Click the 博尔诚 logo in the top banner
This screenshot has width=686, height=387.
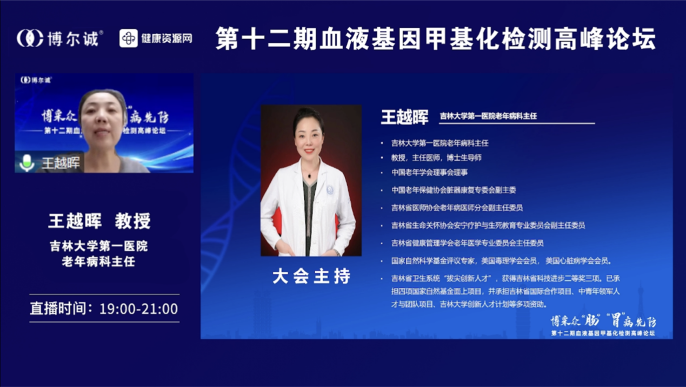pos(59,38)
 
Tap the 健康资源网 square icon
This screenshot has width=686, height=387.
pos(129,38)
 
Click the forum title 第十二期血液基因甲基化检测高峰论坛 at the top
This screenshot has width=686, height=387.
pos(436,39)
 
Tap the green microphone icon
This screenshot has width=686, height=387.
pos(26,162)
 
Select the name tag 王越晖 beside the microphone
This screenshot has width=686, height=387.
pos(61,163)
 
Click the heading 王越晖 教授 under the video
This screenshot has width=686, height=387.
pos(99,221)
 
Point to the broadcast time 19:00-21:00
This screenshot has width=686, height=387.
pos(138,309)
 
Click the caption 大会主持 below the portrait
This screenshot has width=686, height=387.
pos(311,277)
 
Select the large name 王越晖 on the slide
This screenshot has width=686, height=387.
pos(404,116)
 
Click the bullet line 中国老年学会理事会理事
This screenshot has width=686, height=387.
pos(430,172)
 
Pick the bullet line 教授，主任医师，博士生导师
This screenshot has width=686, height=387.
pos(436,158)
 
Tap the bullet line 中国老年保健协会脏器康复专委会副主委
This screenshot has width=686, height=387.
pos(454,190)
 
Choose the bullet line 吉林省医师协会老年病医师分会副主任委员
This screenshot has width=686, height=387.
pos(457,207)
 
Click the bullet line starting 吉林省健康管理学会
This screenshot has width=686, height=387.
pos(467,243)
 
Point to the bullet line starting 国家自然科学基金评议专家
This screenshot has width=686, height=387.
pos(501,261)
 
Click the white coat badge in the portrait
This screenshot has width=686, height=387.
pos(330,191)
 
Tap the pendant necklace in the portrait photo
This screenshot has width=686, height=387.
pos(309,175)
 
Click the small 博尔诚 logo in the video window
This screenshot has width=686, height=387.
pos(36,80)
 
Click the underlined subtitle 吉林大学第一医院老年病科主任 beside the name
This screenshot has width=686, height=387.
pos(488,116)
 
